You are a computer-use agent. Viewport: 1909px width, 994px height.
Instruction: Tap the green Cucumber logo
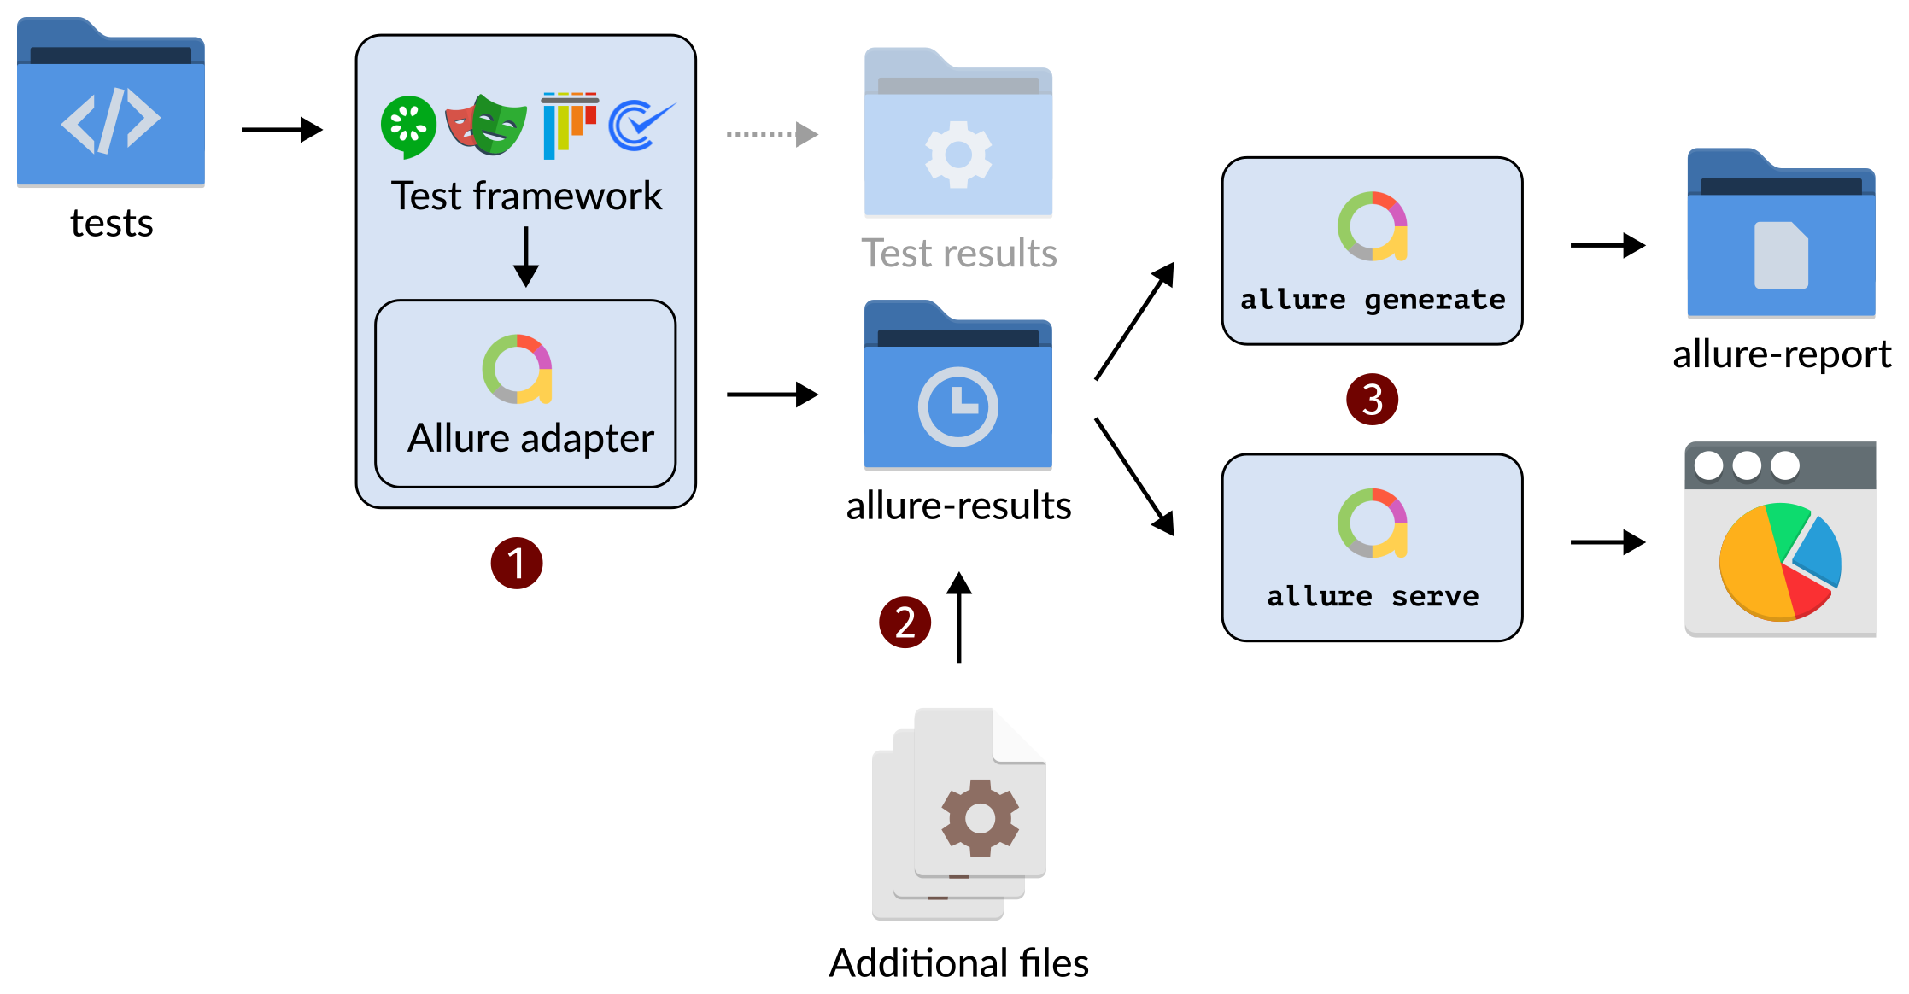coord(407,126)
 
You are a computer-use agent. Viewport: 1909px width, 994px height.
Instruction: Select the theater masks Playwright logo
coord(486,126)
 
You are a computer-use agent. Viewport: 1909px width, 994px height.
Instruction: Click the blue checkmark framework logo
coord(639,126)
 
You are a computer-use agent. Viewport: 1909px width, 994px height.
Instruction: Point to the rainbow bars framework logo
coord(568,126)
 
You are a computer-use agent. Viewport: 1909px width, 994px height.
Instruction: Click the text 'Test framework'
coord(526,196)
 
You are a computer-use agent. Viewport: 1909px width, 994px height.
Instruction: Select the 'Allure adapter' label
coord(530,439)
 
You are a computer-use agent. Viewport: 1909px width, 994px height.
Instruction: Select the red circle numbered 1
coord(516,564)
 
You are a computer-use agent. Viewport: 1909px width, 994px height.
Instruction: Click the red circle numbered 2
coord(905,623)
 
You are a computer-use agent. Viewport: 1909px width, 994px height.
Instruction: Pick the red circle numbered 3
coord(1372,400)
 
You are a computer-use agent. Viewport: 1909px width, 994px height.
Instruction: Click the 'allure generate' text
coord(1372,300)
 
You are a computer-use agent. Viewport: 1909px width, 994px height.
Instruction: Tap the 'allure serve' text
coord(1372,596)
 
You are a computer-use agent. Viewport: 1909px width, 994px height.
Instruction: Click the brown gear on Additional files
coord(980,817)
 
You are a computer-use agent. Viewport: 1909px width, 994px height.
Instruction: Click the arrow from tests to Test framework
coord(281,130)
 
